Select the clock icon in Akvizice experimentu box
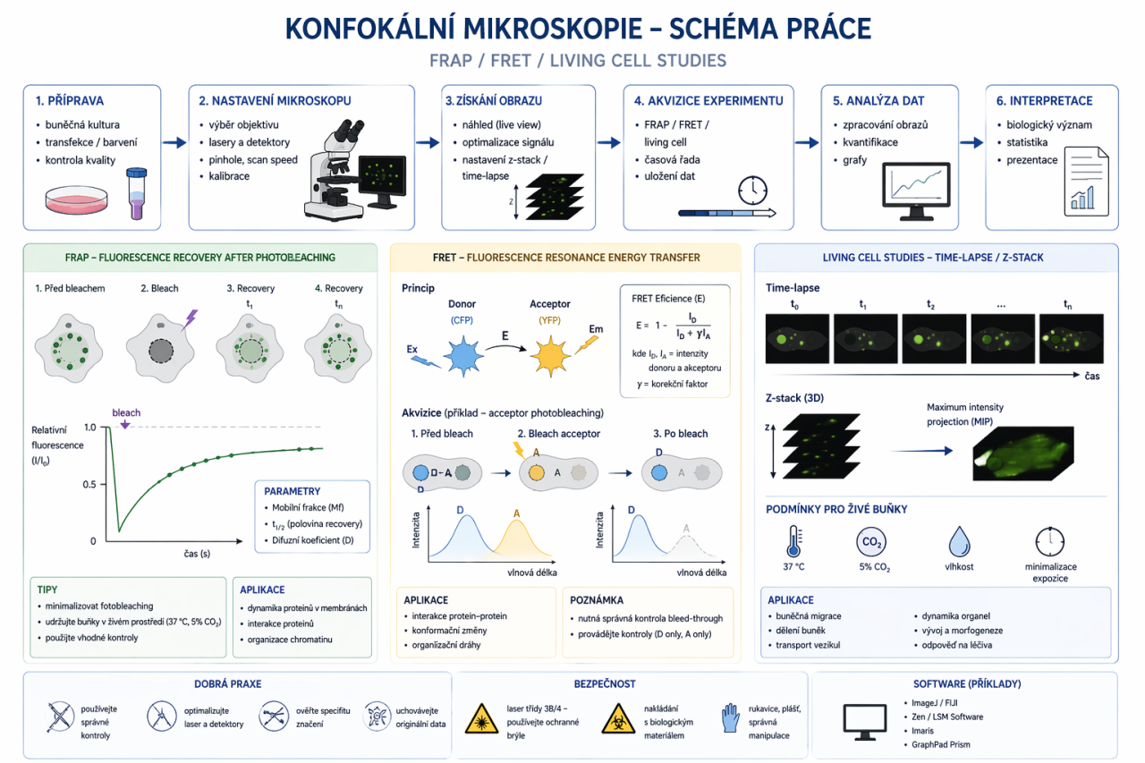point(752,190)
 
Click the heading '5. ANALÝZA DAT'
point(878,100)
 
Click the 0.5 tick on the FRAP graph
point(89,485)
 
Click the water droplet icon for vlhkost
point(959,542)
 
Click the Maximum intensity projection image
point(1022,452)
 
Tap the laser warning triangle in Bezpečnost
point(482,717)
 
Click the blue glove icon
point(730,717)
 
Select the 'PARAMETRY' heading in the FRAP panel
point(292,491)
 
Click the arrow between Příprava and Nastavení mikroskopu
point(174,141)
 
